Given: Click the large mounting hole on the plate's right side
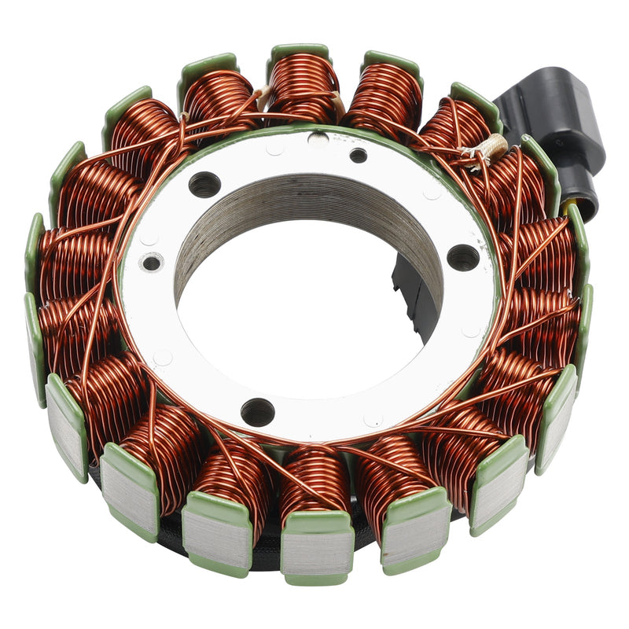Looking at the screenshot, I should point(462,257).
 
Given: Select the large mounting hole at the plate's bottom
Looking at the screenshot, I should point(257,410).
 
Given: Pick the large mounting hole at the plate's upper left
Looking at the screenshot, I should point(204,185).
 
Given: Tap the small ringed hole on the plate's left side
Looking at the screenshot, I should point(153,262).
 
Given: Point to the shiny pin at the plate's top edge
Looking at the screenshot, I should point(318,139).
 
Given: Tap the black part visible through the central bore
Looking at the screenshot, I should point(409,291).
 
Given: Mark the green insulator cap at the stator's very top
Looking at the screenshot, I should point(299,52).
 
